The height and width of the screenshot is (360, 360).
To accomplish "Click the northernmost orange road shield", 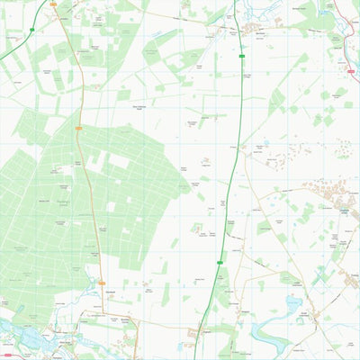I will click(53, 4).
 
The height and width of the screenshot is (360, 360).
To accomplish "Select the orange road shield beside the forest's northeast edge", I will click(78, 128).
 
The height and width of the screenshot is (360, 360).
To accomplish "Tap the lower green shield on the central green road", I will click(220, 261).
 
